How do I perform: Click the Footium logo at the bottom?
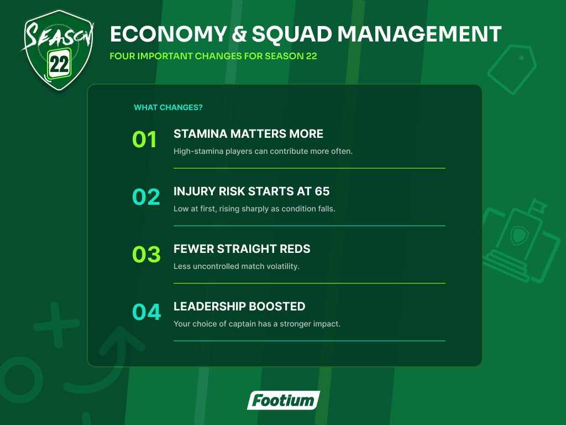pyautogui.click(x=284, y=400)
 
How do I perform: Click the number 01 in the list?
pyautogui.click(x=144, y=139)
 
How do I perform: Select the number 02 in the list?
pyautogui.click(x=146, y=197)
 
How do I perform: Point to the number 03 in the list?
pyautogui.click(x=146, y=255)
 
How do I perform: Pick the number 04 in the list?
pyautogui.click(x=146, y=312)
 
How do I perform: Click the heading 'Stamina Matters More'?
pyautogui.click(x=248, y=134)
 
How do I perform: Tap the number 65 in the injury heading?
pyautogui.click(x=322, y=191)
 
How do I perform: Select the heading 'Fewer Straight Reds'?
pyautogui.click(x=242, y=248)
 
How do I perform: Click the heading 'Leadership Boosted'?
pyautogui.click(x=239, y=306)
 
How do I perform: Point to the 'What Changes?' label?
pyautogui.click(x=168, y=107)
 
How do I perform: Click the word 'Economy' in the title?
pyautogui.click(x=169, y=34)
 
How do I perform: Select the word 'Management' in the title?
pyautogui.click(x=420, y=34)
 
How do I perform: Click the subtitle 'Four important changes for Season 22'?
pyautogui.click(x=213, y=56)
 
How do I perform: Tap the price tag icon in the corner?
pyautogui.click(x=512, y=69)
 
